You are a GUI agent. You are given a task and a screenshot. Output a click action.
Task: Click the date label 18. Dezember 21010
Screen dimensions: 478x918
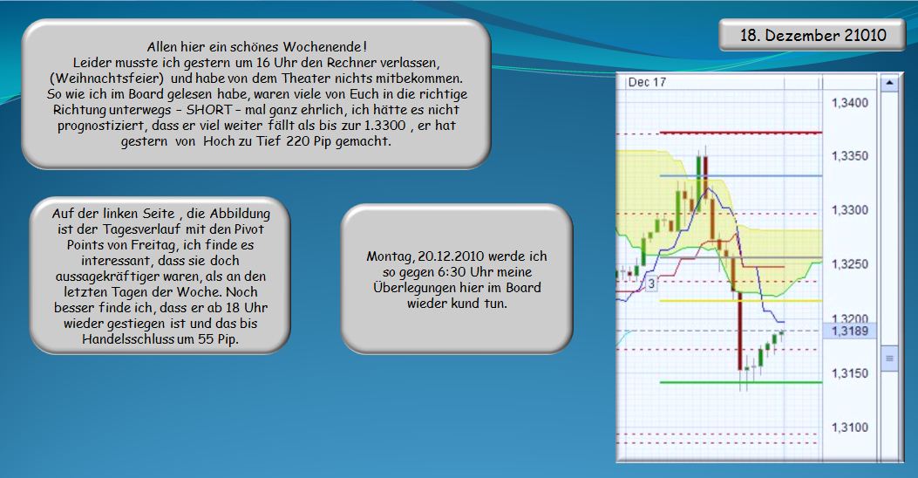(x=813, y=35)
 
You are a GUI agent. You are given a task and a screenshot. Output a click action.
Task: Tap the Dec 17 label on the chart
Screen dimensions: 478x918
(x=647, y=82)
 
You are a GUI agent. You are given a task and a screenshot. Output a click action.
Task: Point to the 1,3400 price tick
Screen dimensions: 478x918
(x=849, y=103)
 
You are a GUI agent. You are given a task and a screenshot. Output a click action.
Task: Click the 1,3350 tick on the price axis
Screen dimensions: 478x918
(x=849, y=156)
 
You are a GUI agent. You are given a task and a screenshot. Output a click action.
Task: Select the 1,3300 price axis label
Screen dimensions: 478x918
(x=849, y=210)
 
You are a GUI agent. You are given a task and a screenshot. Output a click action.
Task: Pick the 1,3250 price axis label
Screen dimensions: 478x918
(x=849, y=264)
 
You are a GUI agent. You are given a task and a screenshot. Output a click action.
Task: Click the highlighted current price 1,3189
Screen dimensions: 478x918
(x=849, y=331)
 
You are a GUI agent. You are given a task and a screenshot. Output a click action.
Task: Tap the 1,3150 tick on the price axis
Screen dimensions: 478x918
(x=849, y=373)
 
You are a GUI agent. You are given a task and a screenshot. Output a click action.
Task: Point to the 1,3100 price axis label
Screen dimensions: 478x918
(x=849, y=427)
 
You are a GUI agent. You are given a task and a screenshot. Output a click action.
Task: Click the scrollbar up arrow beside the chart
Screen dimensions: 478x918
(x=889, y=84)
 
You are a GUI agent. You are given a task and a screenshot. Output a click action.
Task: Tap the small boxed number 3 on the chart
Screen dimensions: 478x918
(x=650, y=283)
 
